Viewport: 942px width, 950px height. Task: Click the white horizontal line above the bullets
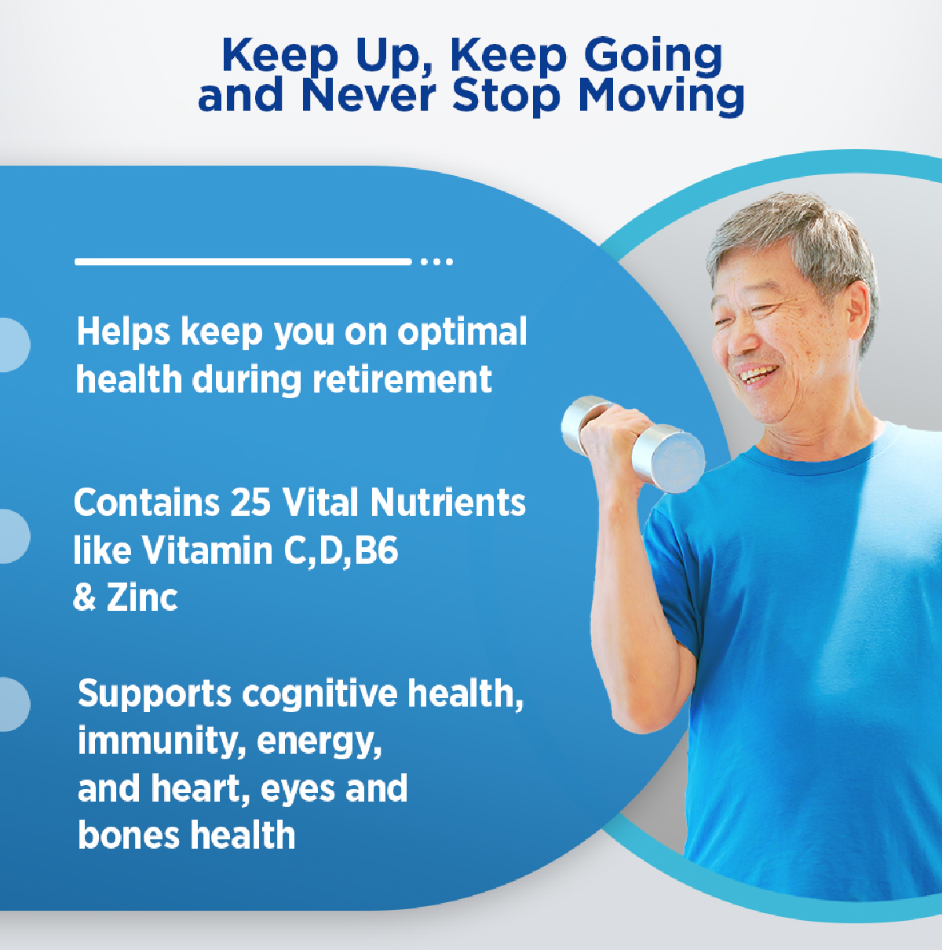point(243,261)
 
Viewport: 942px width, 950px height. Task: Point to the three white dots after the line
point(436,261)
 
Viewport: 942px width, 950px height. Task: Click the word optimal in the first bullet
point(462,333)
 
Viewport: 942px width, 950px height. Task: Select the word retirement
point(402,379)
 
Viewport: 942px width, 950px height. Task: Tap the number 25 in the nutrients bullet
point(250,502)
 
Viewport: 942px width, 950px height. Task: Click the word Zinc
point(142,597)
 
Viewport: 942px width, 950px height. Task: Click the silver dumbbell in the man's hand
point(633,443)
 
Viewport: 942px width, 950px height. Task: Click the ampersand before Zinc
point(84,597)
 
